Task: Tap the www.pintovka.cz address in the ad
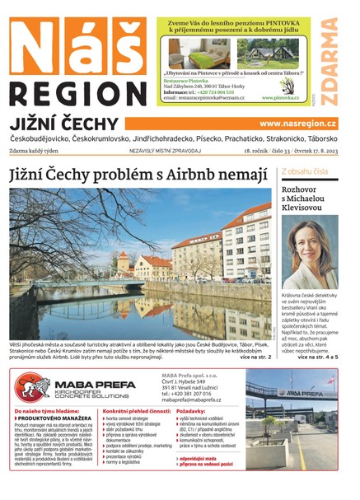280,97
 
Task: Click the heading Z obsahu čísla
305,171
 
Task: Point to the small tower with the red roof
123,262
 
